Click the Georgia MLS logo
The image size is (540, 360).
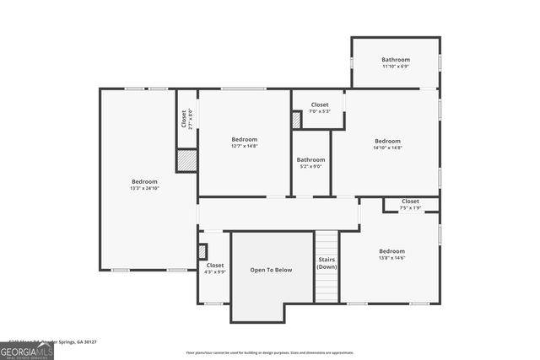tap(27, 348)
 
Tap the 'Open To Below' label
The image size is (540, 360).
tap(272, 270)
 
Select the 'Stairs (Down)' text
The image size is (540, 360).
tap(327, 263)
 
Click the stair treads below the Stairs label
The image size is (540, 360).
tap(327, 287)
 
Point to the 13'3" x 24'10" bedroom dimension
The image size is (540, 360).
tap(144, 189)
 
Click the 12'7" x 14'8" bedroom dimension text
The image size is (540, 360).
tap(245, 147)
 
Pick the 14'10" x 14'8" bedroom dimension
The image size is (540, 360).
tap(387, 148)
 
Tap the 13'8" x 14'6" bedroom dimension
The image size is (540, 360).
tap(391, 258)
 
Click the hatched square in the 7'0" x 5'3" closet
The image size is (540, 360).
tap(297, 121)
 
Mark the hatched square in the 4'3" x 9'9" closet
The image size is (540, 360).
tap(202, 250)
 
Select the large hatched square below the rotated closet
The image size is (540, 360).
tap(186, 160)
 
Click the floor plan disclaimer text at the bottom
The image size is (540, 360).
tap(270, 352)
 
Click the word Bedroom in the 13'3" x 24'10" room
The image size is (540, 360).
tap(144, 181)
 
